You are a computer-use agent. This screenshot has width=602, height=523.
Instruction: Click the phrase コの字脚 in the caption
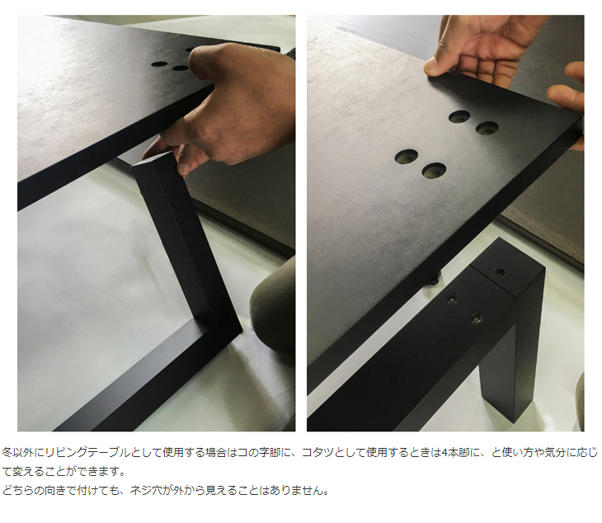point(251,453)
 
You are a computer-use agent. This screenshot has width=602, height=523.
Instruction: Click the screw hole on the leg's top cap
point(499,271)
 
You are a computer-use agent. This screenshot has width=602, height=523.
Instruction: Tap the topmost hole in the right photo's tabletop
point(459,116)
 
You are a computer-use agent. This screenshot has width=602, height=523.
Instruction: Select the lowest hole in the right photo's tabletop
point(434,170)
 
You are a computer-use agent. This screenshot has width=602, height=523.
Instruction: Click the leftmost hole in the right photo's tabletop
point(407,155)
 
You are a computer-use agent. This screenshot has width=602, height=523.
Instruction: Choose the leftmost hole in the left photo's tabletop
point(157,62)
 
